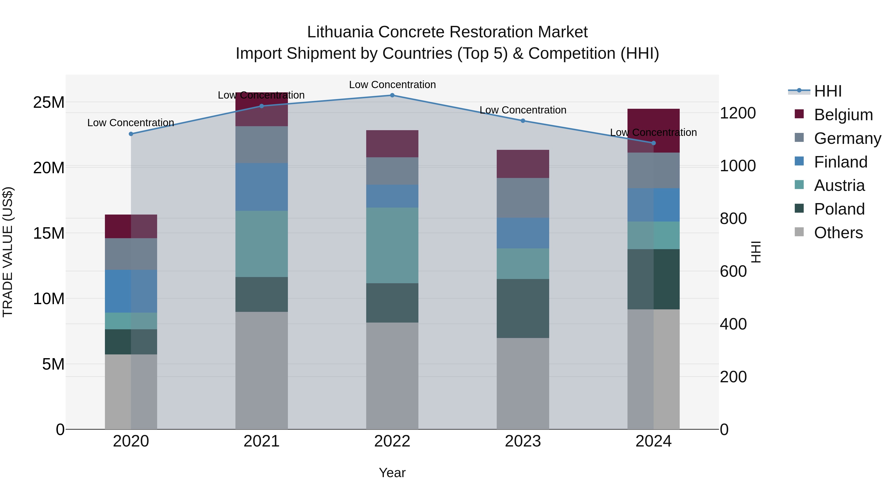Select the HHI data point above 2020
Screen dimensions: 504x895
pyautogui.click(x=131, y=134)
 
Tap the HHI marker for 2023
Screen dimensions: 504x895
pyautogui.click(x=523, y=121)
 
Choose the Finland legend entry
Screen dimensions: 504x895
pyautogui.click(x=841, y=162)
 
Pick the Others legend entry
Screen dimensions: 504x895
pyautogui.click(x=838, y=233)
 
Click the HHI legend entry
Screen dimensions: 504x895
pyautogui.click(x=828, y=91)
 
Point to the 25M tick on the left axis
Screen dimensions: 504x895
pyautogui.click(x=49, y=103)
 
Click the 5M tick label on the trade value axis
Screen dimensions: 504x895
pyautogui.click(x=53, y=364)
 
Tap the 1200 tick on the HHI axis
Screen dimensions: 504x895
pyautogui.click(x=738, y=113)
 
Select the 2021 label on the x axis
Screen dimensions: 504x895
pyautogui.click(x=262, y=441)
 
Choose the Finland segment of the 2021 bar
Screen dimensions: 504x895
pyautogui.click(x=262, y=187)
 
